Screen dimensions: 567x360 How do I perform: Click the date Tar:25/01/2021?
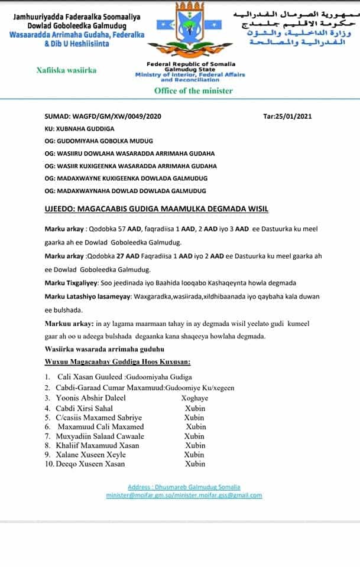tap(287, 116)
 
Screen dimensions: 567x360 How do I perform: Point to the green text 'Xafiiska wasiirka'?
tap(66, 70)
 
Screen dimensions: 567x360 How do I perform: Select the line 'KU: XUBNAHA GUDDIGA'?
tap(79, 128)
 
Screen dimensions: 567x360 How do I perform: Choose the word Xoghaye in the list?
tap(194, 398)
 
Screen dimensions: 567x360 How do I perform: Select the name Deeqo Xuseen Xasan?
tap(90, 464)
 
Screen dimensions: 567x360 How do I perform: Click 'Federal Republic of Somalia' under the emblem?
tap(191, 64)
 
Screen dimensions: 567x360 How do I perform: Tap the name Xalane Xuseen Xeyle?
tap(92, 454)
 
